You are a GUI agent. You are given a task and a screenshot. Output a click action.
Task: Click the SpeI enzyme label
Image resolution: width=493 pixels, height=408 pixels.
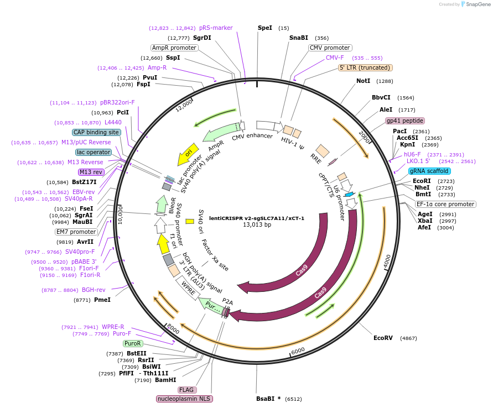265,28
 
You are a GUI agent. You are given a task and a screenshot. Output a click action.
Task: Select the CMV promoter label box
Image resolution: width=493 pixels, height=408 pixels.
330,48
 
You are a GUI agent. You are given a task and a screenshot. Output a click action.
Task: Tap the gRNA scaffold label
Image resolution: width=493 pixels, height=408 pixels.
429,171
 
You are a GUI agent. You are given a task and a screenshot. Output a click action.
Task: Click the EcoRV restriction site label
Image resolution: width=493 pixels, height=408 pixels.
383,338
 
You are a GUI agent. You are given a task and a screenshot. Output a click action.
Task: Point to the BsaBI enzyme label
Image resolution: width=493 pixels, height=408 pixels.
265,398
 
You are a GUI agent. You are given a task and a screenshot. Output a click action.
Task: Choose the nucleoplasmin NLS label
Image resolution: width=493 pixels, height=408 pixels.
185,399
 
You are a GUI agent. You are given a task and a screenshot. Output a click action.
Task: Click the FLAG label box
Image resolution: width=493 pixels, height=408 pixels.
186,390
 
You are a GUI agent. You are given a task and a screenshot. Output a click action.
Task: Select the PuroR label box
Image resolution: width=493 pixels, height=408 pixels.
133,343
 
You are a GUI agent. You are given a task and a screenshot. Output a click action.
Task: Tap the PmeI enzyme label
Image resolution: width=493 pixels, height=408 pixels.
102,300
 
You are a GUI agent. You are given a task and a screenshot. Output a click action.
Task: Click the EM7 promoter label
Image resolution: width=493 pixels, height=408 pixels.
76,232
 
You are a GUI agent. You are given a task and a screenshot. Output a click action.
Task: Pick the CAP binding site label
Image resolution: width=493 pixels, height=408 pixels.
96,132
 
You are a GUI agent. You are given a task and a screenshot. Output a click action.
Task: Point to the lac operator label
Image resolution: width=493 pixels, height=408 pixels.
94,152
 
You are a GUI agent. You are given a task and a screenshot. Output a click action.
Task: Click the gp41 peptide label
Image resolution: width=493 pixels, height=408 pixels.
405,121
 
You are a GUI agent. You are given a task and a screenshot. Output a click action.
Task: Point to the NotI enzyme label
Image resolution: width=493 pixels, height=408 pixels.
363,81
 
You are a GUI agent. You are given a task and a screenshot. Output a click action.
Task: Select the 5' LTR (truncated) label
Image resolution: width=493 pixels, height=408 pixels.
365,67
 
